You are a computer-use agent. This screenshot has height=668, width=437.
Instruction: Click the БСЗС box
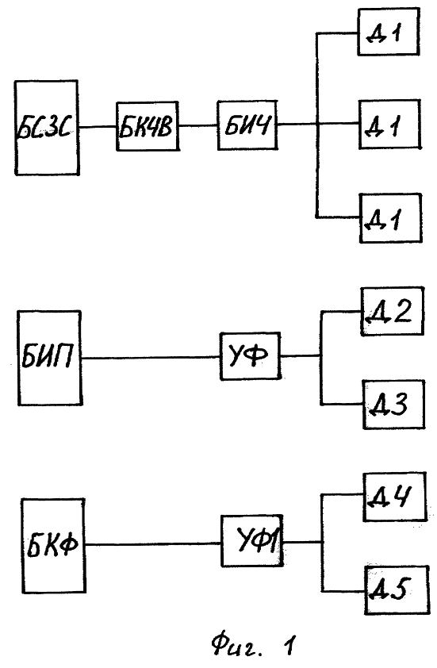(x=47, y=128)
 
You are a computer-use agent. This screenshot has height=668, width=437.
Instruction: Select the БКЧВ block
(x=148, y=126)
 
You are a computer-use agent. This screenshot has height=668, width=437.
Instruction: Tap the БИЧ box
(x=247, y=125)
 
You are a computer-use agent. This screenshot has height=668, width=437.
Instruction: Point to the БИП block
(x=49, y=358)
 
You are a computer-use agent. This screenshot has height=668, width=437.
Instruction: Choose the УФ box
(x=250, y=355)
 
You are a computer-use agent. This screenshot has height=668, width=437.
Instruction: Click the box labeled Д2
(x=393, y=311)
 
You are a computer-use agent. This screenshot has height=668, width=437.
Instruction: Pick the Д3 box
(x=394, y=405)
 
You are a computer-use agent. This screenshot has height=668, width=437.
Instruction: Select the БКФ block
(x=53, y=545)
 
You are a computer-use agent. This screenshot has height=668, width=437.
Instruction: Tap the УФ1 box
(x=252, y=540)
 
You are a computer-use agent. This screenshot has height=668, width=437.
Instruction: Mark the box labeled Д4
(x=394, y=497)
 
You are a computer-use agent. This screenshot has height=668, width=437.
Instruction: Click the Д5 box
(x=397, y=590)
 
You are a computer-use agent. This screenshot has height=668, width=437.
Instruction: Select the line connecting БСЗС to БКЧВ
(x=98, y=126)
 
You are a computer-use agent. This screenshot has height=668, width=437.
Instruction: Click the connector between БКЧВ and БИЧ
(x=198, y=125)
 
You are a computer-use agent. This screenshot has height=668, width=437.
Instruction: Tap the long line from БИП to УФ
(x=151, y=358)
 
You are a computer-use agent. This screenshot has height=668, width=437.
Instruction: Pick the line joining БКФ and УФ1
(x=153, y=543)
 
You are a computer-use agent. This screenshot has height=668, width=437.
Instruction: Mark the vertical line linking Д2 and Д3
(x=321, y=358)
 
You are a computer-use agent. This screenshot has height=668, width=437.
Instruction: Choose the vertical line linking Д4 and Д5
(x=323, y=543)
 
